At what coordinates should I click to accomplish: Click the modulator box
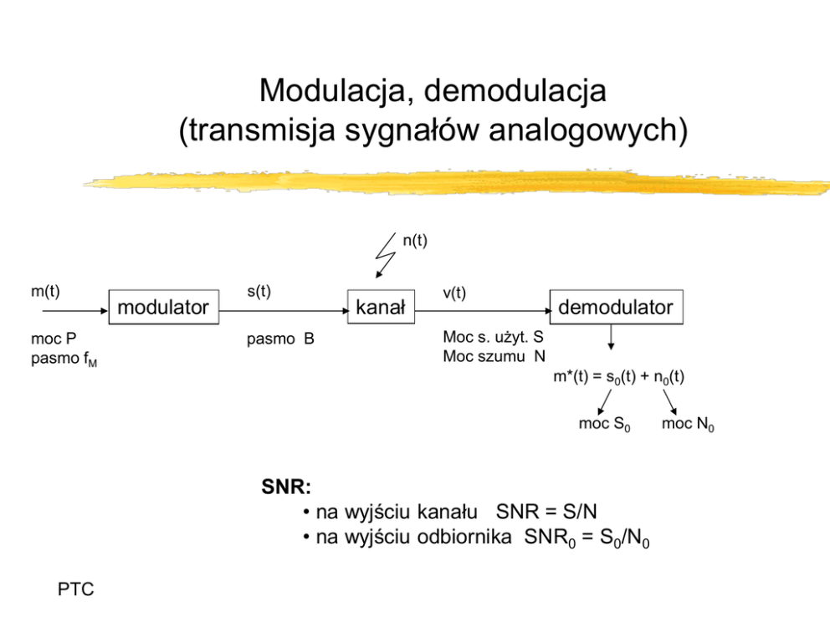coord(163,308)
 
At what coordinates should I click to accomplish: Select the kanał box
coord(380,308)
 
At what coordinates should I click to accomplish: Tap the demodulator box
coord(615,308)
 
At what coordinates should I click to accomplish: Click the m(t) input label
coord(45,292)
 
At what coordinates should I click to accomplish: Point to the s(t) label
coord(259,292)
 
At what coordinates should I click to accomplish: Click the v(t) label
coord(454,292)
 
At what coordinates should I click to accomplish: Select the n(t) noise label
coord(415,242)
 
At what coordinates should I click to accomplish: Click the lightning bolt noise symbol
coord(387,256)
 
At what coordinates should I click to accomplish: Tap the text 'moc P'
coord(54,340)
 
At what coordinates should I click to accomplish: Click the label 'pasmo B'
coord(280,340)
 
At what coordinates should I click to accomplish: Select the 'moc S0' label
coord(604,425)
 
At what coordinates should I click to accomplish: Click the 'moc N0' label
coord(688,425)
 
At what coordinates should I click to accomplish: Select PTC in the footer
coord(75,590)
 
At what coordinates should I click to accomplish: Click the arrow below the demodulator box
coord(611,338)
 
